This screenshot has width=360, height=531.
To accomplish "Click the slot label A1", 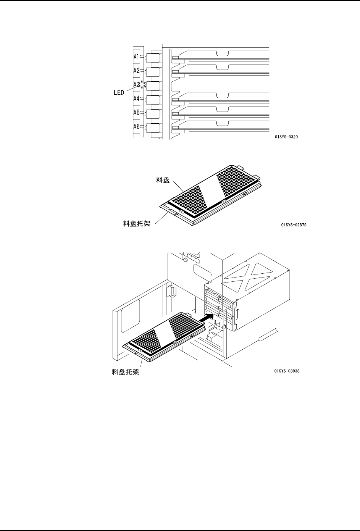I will (x=136, y=56).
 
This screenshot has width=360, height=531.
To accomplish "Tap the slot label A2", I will (x=136, y=71).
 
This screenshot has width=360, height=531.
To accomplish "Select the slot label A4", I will (x=136, y=98).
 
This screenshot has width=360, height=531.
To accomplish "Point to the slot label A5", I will (x=136, y=113).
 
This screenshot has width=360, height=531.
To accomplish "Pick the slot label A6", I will (x=136, y=126).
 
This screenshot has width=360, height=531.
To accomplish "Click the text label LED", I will (x=119, y=93).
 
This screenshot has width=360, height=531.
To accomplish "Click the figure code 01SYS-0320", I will (x=286, y=137).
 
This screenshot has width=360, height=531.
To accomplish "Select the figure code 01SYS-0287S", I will (x=294, y=225).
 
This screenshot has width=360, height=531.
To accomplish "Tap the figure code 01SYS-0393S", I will (x=287, y=371).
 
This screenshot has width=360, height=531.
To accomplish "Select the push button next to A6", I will (x=153, y=128).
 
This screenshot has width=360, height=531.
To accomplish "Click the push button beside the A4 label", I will (x=153, y=100).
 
